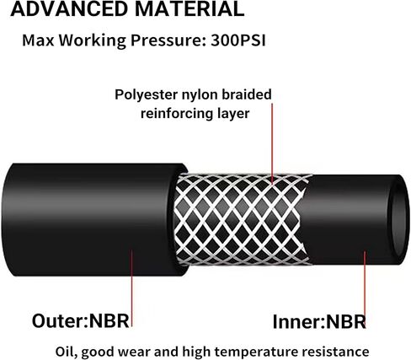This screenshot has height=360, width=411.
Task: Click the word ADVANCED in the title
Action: coord(70,8)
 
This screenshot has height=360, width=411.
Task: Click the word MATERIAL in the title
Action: coord(189,8)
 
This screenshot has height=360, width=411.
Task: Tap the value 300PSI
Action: coord(238,40)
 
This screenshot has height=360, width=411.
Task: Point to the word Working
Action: coord(92,41)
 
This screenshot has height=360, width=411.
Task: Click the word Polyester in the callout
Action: coord(147,95)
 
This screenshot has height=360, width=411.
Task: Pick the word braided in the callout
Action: coord(247,94)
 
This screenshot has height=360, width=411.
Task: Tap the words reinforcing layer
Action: coord(195,114)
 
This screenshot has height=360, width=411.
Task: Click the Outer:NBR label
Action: coord(81,320)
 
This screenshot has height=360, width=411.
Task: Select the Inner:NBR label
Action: coord(319,321)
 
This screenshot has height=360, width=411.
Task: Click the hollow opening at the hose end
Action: coord(399,219)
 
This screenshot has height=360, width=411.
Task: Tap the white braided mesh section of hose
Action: coord(242,219)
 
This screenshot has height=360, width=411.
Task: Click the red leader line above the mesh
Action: coord(272,143)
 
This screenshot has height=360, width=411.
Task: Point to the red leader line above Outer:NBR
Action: coord(131,288)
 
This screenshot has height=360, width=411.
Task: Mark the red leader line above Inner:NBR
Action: coord(365,289)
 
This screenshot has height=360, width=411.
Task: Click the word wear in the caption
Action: coord(134,352)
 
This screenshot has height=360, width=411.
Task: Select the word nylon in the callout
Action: coord(200,95)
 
